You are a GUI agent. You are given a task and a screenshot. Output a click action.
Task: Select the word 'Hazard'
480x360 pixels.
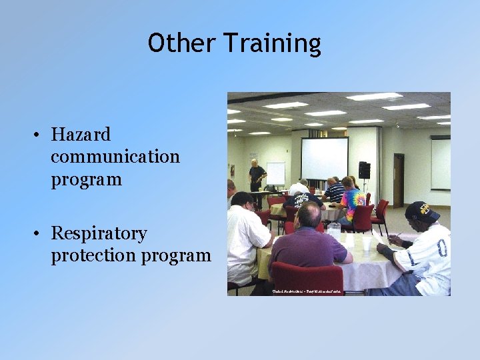(x=81, y=135)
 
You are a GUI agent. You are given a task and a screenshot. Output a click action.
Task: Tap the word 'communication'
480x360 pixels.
(x=115, y=157)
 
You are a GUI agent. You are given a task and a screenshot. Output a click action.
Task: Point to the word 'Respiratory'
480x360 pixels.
(x=99, y=234)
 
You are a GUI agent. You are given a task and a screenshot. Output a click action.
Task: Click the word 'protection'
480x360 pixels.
(x=99, y=256)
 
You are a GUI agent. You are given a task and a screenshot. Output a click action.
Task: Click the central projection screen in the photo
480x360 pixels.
(x=325, y=158)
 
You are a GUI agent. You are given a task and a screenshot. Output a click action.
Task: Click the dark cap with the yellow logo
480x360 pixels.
(x=421, y=211)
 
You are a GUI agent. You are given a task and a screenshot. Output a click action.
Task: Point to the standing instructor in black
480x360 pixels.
(x=257, y=176)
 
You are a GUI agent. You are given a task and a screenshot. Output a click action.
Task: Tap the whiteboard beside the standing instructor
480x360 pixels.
(x=276, y=173)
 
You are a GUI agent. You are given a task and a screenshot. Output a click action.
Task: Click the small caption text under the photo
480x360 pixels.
(x=307, y=291)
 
